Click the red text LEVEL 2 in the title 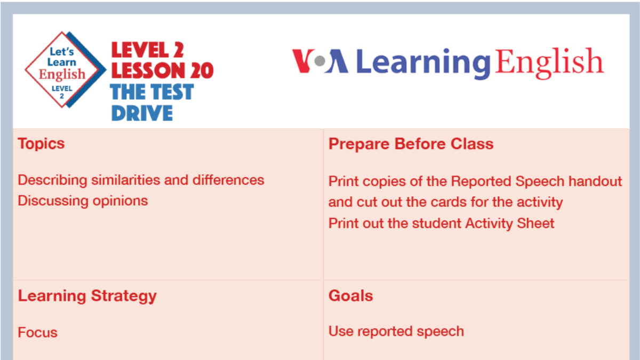(x=147, y=50)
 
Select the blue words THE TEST (x=152, y=92)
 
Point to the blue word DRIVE (x=142, y=113)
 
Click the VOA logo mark (x=319, y=61)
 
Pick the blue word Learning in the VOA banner (x=423, y=62)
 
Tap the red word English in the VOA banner (x=549, y=62)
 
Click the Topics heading (x=41, y=144)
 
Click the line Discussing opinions (x=83, y=201)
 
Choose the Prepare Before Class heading (x=411, y=144)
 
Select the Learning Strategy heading (x=87, y=296)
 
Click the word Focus (x=37, y=332)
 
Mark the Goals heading (x=350, y=296)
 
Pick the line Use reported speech (x=396, y=331)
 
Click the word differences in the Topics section (x=225, y=180)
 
